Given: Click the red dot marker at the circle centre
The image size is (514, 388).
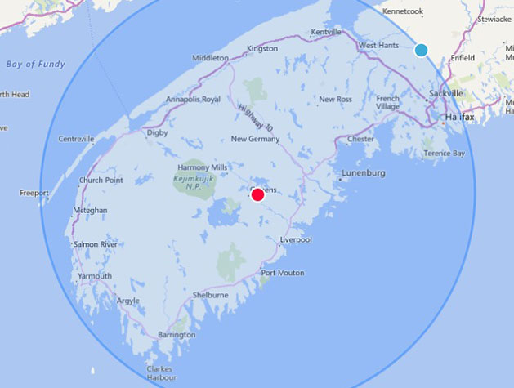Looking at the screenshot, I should coord(257,194).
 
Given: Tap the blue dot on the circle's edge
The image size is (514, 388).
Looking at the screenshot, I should coord(422,50).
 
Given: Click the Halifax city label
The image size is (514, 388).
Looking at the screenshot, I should coord(460,117).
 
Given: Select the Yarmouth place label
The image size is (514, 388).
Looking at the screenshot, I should coord(95,276).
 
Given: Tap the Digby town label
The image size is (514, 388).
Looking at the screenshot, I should coord(157,132).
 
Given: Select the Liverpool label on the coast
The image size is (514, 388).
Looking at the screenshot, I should coord(296,240).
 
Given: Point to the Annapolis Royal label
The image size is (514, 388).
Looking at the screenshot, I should coord(194,100).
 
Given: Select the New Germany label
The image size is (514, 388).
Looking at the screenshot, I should coord(256,139).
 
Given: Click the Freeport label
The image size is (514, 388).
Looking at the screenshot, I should coord(34,193).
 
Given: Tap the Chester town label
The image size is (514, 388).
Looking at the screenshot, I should coord(360,139).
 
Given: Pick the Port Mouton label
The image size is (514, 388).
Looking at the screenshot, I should coord(283,273).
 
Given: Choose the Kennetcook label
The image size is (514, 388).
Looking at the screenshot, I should coord(403,11).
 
